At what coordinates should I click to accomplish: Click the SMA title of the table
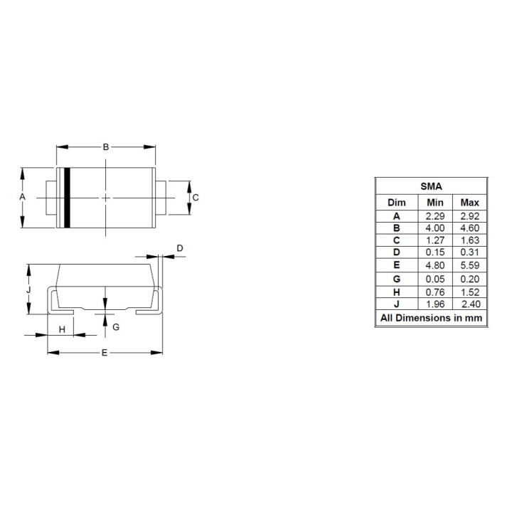431,186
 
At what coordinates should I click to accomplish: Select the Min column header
435,203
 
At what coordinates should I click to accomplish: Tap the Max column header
469,203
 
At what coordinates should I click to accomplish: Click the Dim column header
397,203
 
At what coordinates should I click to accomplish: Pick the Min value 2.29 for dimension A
435,215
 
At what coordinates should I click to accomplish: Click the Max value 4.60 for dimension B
469,228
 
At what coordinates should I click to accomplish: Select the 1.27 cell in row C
435,240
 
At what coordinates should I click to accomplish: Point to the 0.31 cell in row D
469,253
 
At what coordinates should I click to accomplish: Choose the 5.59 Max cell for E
469,266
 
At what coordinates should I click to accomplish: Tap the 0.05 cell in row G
435,279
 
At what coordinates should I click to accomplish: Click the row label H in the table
397,292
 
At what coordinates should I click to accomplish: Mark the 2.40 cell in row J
469,304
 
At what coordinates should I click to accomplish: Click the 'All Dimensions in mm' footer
431,318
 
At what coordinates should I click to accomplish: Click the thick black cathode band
67,198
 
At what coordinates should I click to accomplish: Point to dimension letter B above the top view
106,147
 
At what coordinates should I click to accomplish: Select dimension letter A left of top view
22,196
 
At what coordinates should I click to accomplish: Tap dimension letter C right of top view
196,197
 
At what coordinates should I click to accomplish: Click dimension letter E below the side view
104,353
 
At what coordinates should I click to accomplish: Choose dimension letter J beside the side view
28,289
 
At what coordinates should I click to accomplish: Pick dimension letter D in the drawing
180,248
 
